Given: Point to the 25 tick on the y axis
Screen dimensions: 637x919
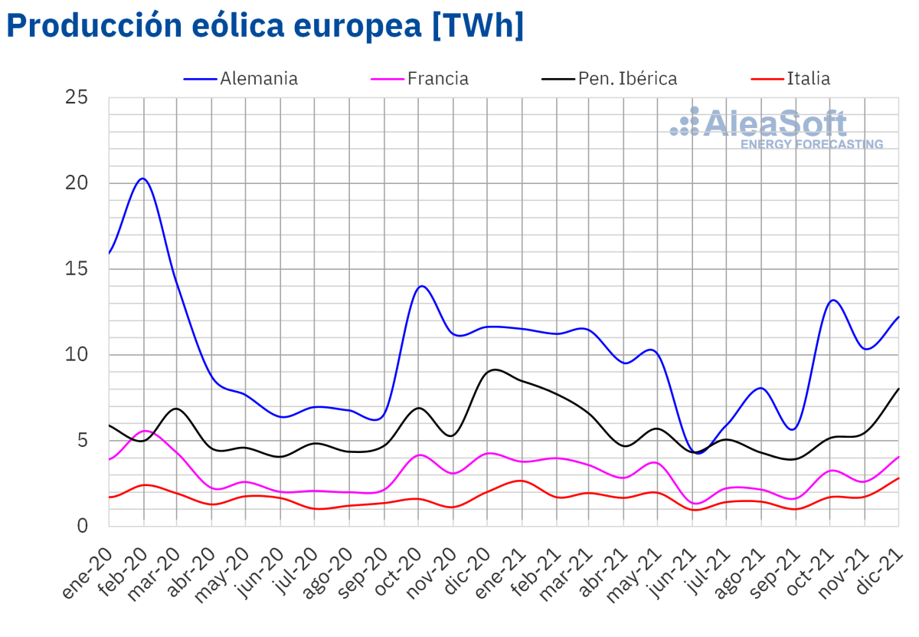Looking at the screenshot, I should click(77, 97).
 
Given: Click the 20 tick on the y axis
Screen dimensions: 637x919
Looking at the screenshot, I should click(77, 183).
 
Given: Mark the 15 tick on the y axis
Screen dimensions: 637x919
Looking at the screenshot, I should click(77, 269).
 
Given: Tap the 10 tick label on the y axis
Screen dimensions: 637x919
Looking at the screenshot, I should click(77, 355).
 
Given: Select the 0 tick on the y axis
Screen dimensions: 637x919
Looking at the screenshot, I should click(83, 526).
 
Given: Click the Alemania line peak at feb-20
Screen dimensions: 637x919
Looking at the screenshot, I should click(143, 179).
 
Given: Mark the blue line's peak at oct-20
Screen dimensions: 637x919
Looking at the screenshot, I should click(421, 286).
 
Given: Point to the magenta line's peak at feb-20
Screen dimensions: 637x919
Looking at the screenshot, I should click(145, 431).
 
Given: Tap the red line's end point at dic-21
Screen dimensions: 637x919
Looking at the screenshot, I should click(898, 478).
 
